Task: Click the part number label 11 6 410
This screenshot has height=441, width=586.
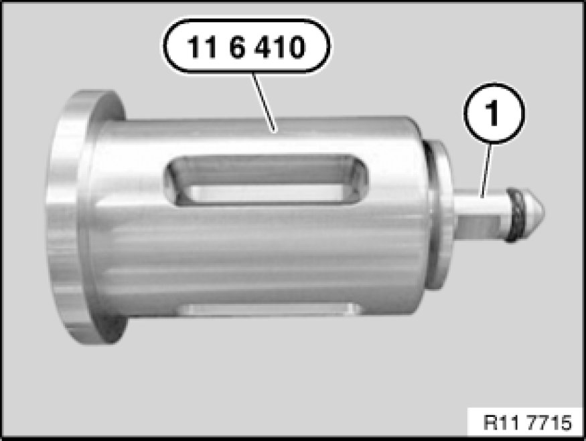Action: tap(246, 46)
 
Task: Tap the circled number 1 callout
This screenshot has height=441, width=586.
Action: tap(494, 113)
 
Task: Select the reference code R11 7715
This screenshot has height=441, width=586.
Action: tap(527, 423)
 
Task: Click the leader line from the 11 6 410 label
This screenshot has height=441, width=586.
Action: tap(265, 102)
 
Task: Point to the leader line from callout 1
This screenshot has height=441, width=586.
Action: tap(486, 170)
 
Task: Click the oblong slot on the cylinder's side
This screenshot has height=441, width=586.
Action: tap(267, 180)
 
